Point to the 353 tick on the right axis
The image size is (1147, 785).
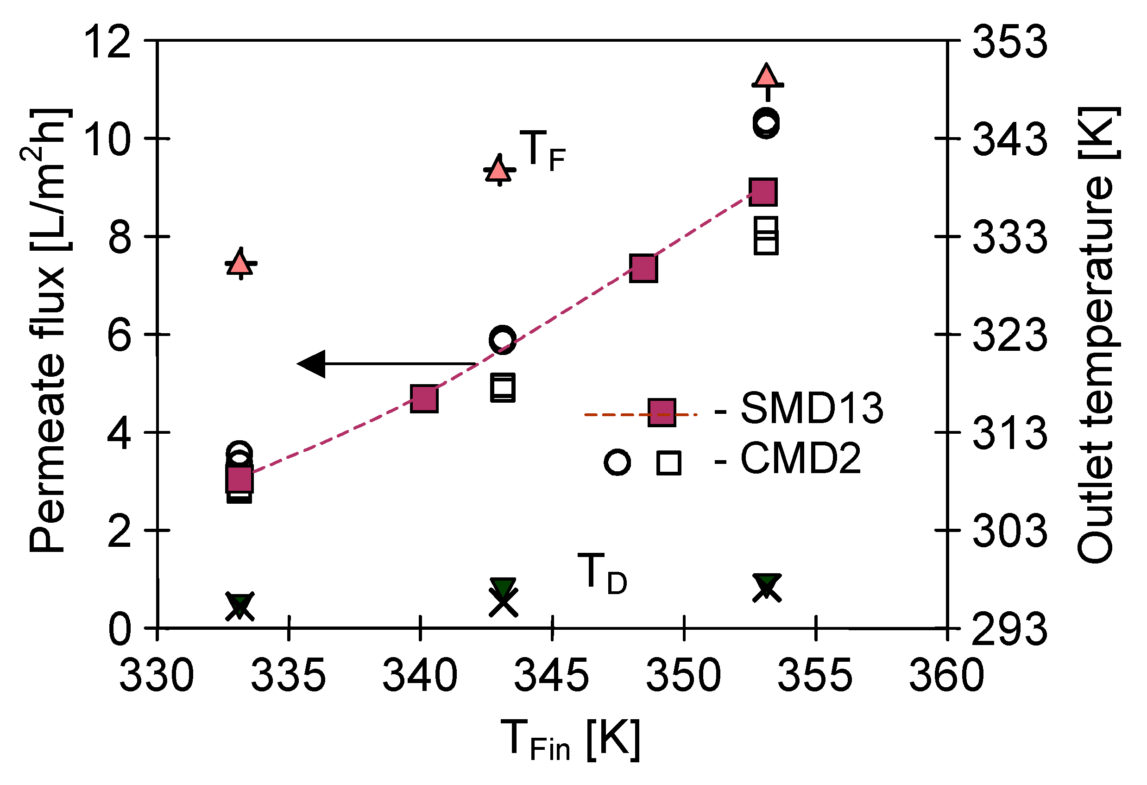pos(1010,43)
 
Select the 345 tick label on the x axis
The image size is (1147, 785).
pos(551,675)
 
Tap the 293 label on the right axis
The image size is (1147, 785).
pos(1010,629)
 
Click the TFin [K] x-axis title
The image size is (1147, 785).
pos(570,741)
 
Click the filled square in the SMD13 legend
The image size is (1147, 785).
pos(662,412)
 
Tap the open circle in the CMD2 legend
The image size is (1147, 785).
pos(618,462)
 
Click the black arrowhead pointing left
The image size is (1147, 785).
pos(312,364)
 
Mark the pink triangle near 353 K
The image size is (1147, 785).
pos(767,76)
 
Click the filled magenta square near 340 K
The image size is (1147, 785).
pos(424,399)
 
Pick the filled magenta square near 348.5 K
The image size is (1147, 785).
pos(643,269)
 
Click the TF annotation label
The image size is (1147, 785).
pos(542,150)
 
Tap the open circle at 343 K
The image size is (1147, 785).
pos(503,339)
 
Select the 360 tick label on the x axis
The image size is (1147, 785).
pos(946,675)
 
